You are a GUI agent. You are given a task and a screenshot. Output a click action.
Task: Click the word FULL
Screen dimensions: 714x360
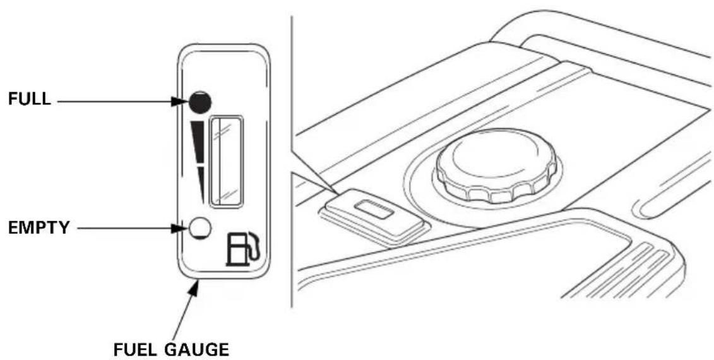pyautogui.click(x=30, y=99)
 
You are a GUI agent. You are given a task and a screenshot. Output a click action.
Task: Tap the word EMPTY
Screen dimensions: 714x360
pyautogui.click(x=39, y=227)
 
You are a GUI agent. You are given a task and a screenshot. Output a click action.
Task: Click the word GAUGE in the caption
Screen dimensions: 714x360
pyautogui.click(x=196, y=349)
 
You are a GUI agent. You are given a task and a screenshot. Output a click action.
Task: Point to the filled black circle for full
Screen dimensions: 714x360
pyautogui.click(x=200, y=101)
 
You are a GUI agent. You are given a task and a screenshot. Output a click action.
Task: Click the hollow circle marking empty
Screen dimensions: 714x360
pyautogui.click(x=200, y=227)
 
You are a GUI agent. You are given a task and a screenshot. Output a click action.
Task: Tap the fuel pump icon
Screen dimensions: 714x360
pyautogui.click(x=243, y=249)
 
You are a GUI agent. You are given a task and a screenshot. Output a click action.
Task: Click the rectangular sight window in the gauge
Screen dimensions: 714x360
pyautogui.click(x=226, y=161)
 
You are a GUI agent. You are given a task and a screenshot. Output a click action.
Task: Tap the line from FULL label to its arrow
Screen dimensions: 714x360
pyautogui.click(x=114, y=101)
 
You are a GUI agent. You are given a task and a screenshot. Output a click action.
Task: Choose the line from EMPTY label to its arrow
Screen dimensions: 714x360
pyautogui.click(x=124, y=228)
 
